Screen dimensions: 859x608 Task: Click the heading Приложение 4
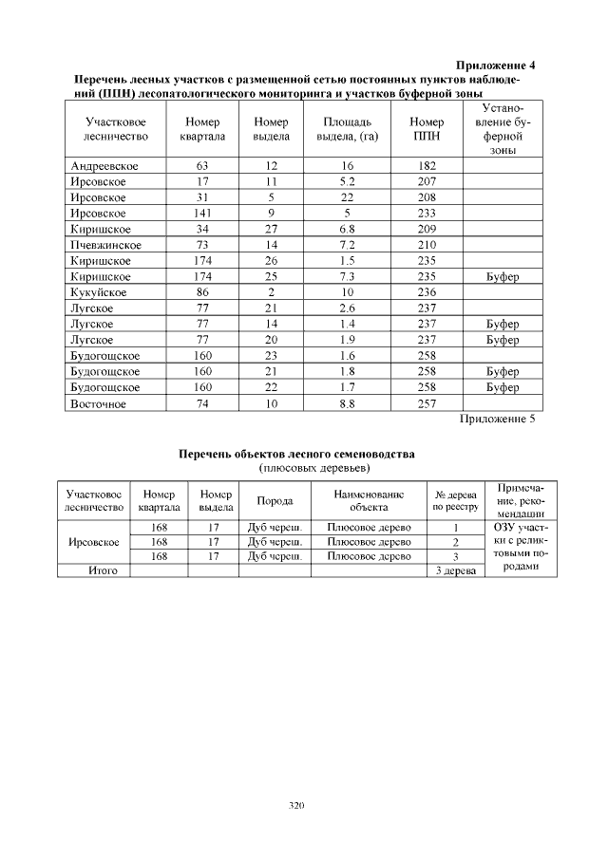click(x=496, y=65)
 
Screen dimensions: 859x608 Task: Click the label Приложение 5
click(x=498, y=418)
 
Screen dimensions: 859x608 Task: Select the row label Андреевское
click(x=104, y=166)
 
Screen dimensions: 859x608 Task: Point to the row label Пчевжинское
click(x=105, y=245)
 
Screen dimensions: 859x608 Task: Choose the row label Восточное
click(x=101, y=402)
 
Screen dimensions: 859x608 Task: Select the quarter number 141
click(x=201, y=214)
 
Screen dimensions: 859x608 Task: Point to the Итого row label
click(x=93, y=570)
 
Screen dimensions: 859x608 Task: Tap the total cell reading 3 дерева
click(x=455, y=570)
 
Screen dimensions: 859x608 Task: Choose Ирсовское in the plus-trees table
click(x=93, y=542)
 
